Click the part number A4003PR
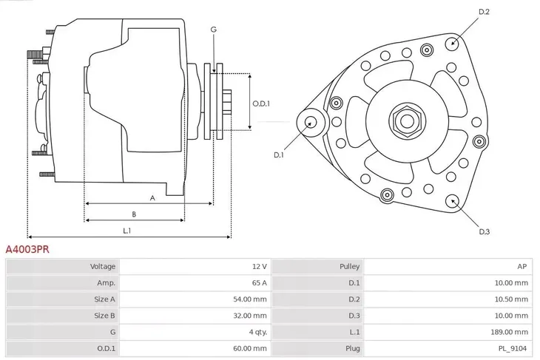[27, 250]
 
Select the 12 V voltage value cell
[258, 266]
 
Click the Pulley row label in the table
[349, 266]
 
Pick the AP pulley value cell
[522, 266]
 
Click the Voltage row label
[102, 266]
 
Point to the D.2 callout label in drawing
[485, 12]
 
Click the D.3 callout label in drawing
[485, 232]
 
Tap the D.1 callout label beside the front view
[279, 154]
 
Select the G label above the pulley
[213, 30]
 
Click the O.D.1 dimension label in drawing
[260, 103]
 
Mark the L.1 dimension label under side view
[127, 231]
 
